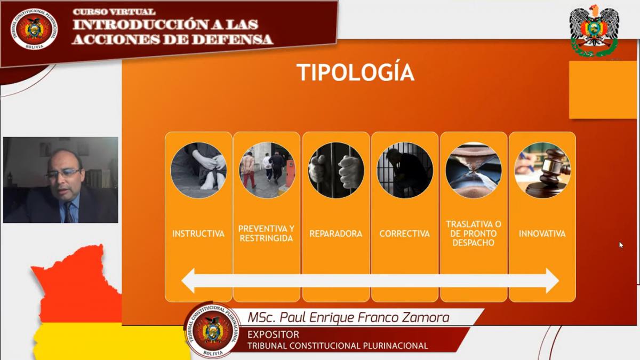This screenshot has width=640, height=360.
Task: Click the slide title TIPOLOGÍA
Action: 355,73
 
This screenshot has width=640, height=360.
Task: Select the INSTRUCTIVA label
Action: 198,234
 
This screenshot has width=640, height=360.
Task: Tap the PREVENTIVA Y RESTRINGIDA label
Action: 266,234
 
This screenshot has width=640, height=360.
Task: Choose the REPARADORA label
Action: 335,234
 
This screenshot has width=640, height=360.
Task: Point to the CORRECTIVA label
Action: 405,234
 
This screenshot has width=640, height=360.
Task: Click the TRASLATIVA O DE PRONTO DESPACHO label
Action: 474,234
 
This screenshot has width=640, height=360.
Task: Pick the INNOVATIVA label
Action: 542,234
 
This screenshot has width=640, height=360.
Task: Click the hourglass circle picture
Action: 474,170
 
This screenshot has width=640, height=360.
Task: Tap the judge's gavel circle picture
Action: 542,170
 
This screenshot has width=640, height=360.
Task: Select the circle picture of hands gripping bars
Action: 336,170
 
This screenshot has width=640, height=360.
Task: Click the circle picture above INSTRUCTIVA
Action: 198,170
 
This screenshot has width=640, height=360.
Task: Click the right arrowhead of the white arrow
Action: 553,281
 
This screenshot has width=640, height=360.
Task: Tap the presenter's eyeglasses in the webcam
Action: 63,173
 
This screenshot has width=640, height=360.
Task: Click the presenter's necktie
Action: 69,212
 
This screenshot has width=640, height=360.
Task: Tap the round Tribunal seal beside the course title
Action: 34,29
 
